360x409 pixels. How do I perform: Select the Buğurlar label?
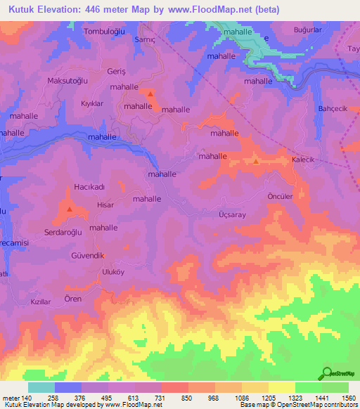click(307, 32)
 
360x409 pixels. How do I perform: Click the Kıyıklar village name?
click(92, 103)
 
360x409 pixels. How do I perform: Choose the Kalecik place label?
click(303, 160)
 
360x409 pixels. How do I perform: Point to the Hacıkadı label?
click(89, 188)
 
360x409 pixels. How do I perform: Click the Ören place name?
click(73, 299)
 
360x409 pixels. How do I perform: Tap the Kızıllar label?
click(41, 301)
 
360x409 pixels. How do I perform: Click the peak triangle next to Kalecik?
click(256, 162)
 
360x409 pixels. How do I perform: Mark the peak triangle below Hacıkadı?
click(69, 209)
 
